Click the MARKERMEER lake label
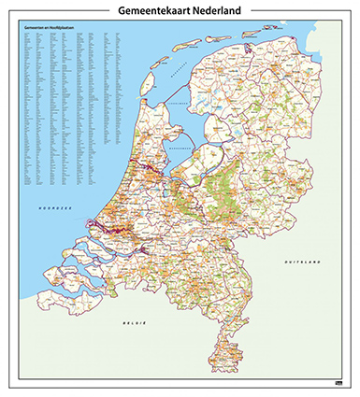(180, 148)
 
